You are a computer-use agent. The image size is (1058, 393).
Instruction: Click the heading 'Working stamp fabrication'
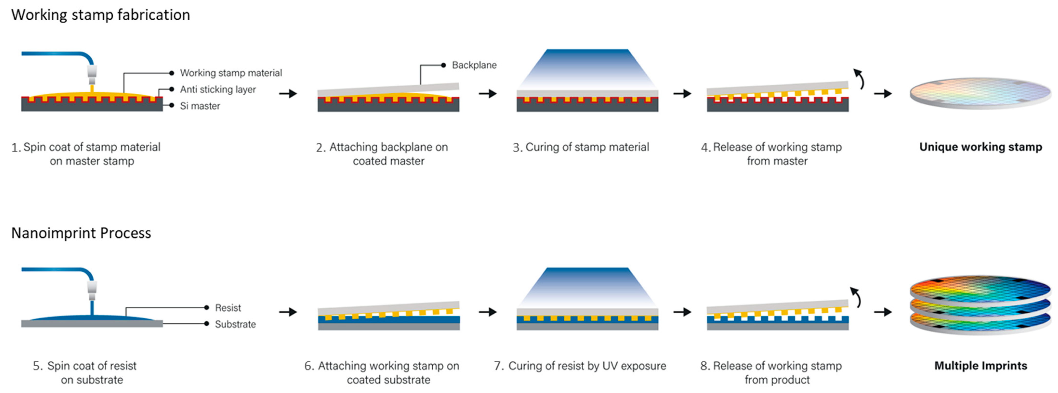click(101, 15)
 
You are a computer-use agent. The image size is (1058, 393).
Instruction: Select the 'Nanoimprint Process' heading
click(81, 233)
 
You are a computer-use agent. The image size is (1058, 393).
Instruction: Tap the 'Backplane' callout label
click(474, 65)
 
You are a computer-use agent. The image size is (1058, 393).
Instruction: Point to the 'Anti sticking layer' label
click(218, 89)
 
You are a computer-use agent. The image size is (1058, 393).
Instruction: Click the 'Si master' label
click(200, 106)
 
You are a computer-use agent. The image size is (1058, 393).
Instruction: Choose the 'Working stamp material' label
click(231, 73)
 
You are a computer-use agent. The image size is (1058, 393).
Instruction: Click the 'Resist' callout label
click(228, 308)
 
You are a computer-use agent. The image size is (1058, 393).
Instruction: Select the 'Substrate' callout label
click(235, 324)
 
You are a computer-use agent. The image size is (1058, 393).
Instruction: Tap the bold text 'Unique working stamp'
click(980, 147)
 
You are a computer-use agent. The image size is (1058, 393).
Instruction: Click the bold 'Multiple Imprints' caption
click(980, 366)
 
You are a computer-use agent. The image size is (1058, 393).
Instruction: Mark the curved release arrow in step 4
click(859, 79)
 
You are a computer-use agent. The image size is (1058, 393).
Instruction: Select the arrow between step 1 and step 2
click(288, 94)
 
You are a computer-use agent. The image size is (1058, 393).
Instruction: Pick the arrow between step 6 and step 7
click(487, 312)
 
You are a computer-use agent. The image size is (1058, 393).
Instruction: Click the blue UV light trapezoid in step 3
click(587, 68)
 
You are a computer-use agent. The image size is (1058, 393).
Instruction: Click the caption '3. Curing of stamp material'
click(581, 147)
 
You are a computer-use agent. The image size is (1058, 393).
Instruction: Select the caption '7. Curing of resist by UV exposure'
click(580, 366)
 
